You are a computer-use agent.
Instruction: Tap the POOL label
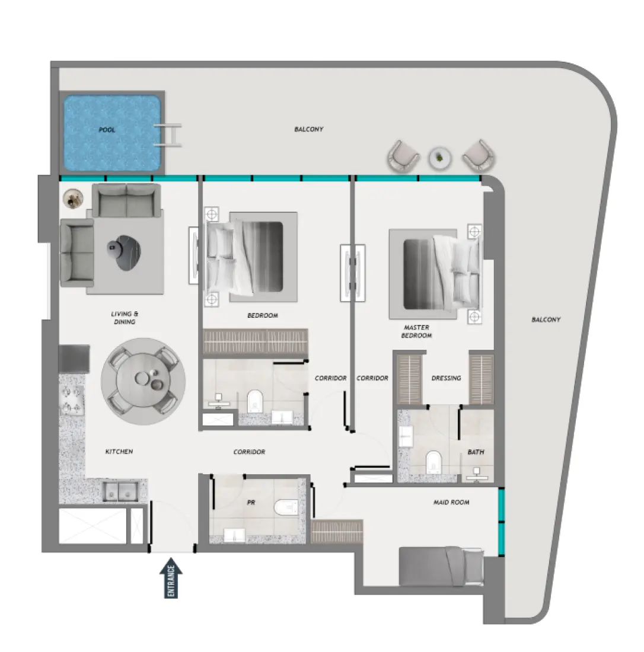point(107,129)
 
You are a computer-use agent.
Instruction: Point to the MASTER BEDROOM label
point(416,331)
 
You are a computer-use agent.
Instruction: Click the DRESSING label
point(446,378)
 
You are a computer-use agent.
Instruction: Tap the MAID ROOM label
point(451,502)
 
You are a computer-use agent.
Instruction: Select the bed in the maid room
point(441,565)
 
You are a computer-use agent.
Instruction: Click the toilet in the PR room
point(286,507)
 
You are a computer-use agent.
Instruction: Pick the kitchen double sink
point(120,491)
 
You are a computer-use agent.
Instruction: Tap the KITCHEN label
point(119,452)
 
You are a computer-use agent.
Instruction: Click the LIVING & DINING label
point(124,318)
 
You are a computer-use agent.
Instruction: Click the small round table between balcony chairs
point(440,157)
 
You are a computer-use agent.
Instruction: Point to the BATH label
point(476,452)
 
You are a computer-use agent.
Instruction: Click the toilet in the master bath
point(435,462)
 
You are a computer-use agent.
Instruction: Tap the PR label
point(250,501)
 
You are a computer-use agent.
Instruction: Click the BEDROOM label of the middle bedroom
point(263,315)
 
